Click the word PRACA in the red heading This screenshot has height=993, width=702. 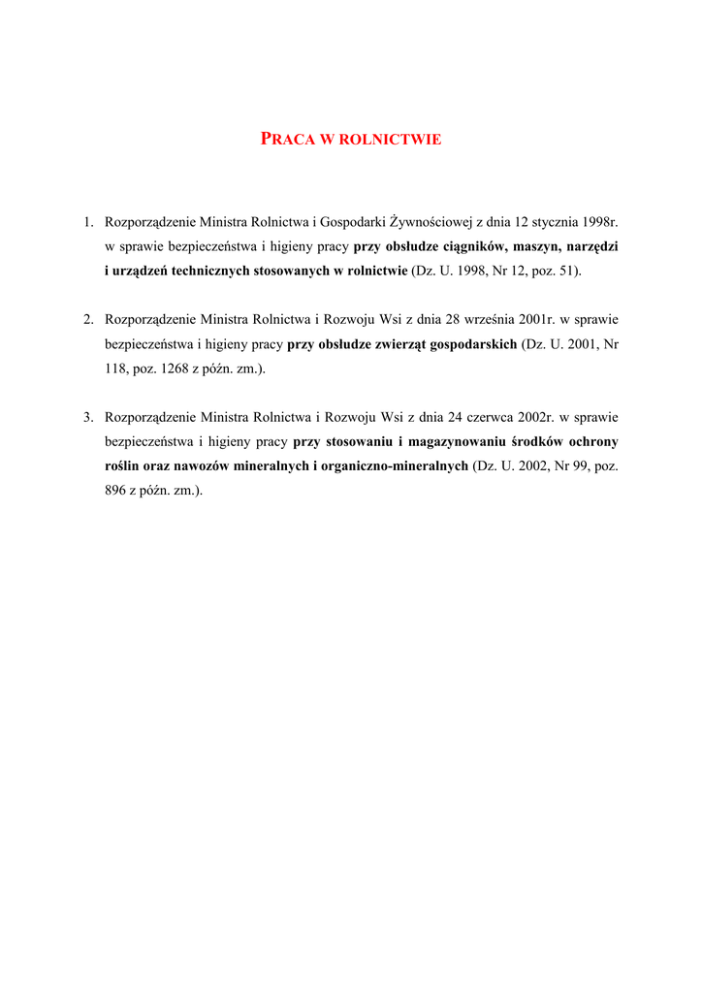tap(288, 139)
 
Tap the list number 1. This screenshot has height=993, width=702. tap(87, 222)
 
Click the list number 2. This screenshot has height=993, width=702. tap(87, 318)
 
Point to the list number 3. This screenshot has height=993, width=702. tap(87, 417)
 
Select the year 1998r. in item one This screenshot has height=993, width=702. tap(596, 222)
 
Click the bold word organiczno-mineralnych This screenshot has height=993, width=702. tap(396, 465)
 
